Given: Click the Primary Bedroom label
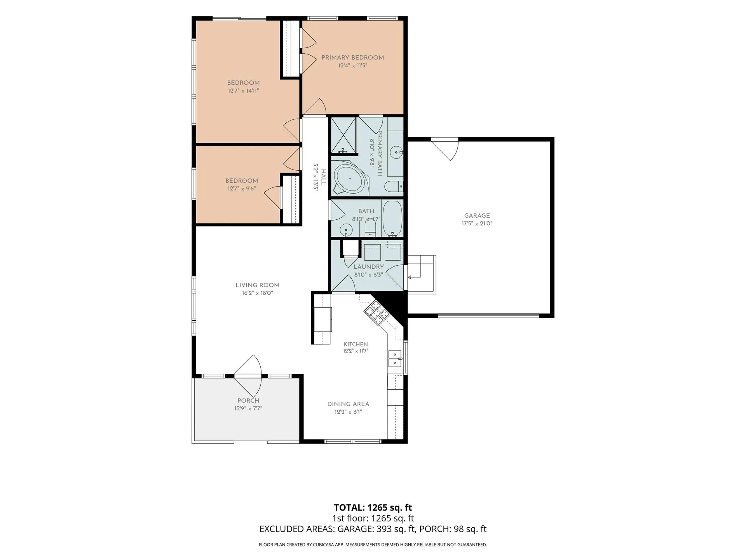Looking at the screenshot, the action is click(x=353, y=58).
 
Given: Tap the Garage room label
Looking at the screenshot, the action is click(x=477, y=215).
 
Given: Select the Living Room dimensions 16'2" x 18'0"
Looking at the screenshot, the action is click(x=257, y=293).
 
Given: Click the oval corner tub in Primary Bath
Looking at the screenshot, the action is click(x=350, y=178).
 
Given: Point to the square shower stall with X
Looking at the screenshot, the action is click(x=343, y=136).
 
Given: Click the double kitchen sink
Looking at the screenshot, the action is click(x=395, y=359).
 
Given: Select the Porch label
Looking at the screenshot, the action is click(x=248, y=401).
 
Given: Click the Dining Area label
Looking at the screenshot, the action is click(x=348, y=404).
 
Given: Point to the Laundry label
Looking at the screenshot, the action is click(x=369, y=267).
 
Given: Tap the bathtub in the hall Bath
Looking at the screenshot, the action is click(x=392, y=218).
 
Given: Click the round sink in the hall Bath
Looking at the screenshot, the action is click(x=346, y=230).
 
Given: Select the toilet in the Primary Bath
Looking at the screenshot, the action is click(x=394, y=186).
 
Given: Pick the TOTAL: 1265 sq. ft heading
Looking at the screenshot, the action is click(x=373, y=507).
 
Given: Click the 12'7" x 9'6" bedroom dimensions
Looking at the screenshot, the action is click(x=242, y=189).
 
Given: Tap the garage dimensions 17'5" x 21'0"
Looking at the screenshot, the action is click(x=477, y=224).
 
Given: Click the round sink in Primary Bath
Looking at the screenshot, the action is click(x=396, y=152).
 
